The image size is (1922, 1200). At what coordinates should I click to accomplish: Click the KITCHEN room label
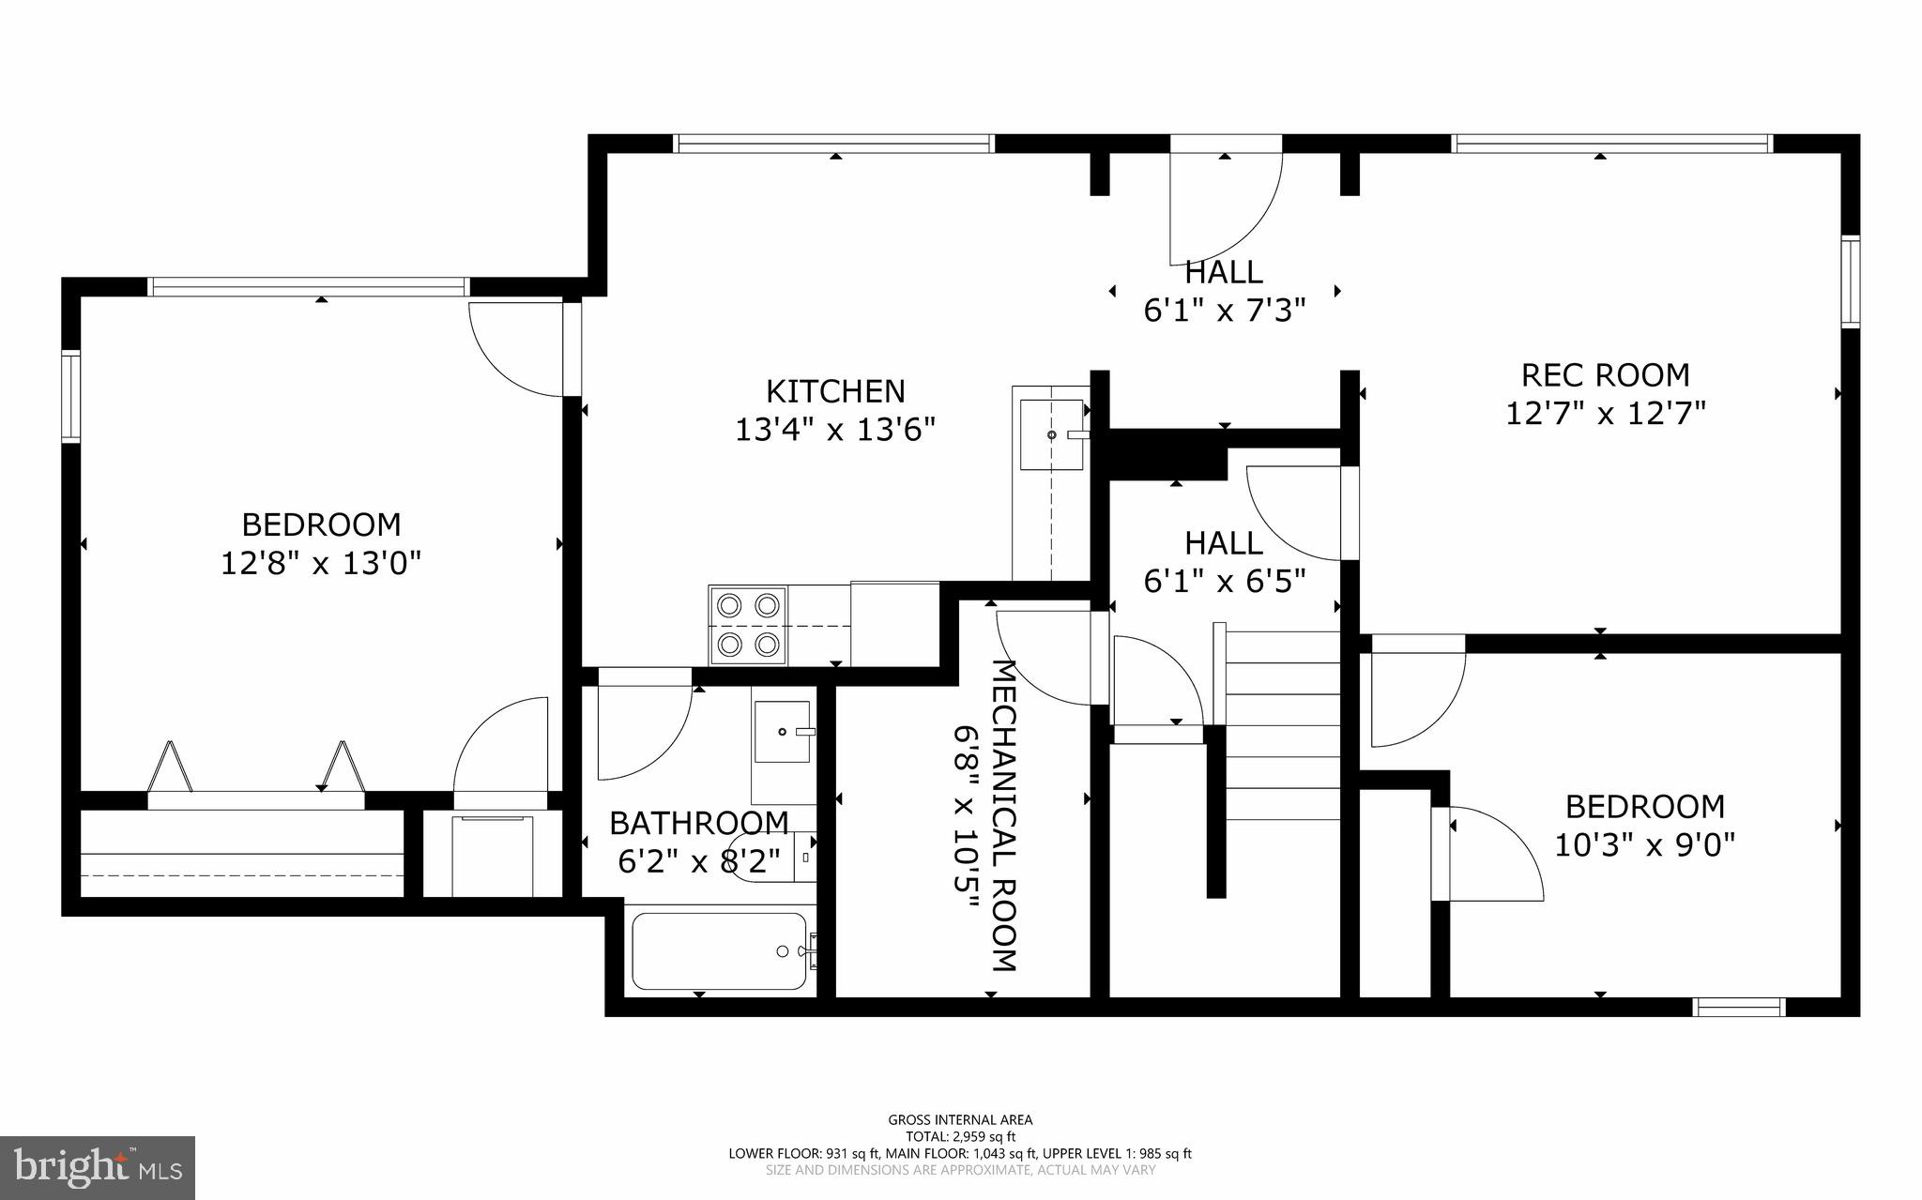pyautogui.click(x=835, y=391)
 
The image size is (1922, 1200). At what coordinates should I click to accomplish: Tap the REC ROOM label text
pyautogui.click(x=1605, y=375)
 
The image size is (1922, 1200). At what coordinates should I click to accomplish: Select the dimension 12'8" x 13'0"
pyautogui.click(x=321, y=564)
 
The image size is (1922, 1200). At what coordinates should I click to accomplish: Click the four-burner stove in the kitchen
pyautogui.click(x=748, y=624)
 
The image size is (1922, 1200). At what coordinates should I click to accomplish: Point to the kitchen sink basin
pyautogui.click(x=1051, y=434)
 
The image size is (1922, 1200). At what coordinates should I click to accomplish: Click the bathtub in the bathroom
pyautogui.click(x=720, y=950)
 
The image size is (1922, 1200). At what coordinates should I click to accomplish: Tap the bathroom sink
pyautogui.click(x=781, y=732)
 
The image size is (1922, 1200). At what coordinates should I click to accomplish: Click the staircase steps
pyautogui.click(x=1282, y=725)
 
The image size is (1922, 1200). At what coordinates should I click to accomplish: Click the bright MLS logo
pyautogui.click(x=98, y=1166)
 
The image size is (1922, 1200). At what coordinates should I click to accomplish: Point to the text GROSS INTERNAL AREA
pyautogui.click(x=960, y=1119)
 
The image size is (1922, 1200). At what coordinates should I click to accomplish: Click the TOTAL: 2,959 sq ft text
pyautogui.click(x=960, y=1136)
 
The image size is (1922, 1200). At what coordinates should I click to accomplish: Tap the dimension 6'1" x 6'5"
pyautogui.click(x=1224, y=583)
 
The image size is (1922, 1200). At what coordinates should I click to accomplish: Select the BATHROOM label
pyautogui.click(x=699, y=823)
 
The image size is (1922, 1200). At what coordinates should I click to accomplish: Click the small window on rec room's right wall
pyautogui.click(x=1850, y=281)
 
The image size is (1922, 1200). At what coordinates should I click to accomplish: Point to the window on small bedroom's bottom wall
pyautogui.click(x=1738, y=1007)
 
